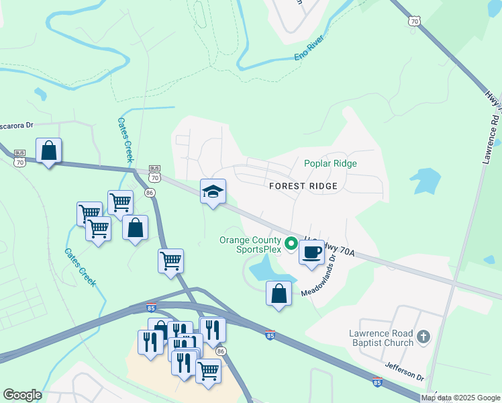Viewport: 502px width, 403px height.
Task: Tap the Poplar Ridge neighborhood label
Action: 330,163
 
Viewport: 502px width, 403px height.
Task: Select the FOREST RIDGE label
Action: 302,185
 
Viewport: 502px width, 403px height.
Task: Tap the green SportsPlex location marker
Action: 291,243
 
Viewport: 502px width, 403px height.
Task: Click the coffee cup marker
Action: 311,253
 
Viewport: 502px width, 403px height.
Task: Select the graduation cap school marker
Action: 213,191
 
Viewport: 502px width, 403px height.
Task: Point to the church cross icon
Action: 423,337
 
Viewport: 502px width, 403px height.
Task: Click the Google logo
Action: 22,395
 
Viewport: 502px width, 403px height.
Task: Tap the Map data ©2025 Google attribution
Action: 461,398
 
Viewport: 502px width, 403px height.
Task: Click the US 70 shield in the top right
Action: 413,21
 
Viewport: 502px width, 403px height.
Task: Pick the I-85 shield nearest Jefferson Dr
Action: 378,382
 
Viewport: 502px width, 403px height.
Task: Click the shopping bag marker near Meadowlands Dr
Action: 279,294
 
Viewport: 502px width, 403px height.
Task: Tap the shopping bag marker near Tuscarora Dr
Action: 49,151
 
